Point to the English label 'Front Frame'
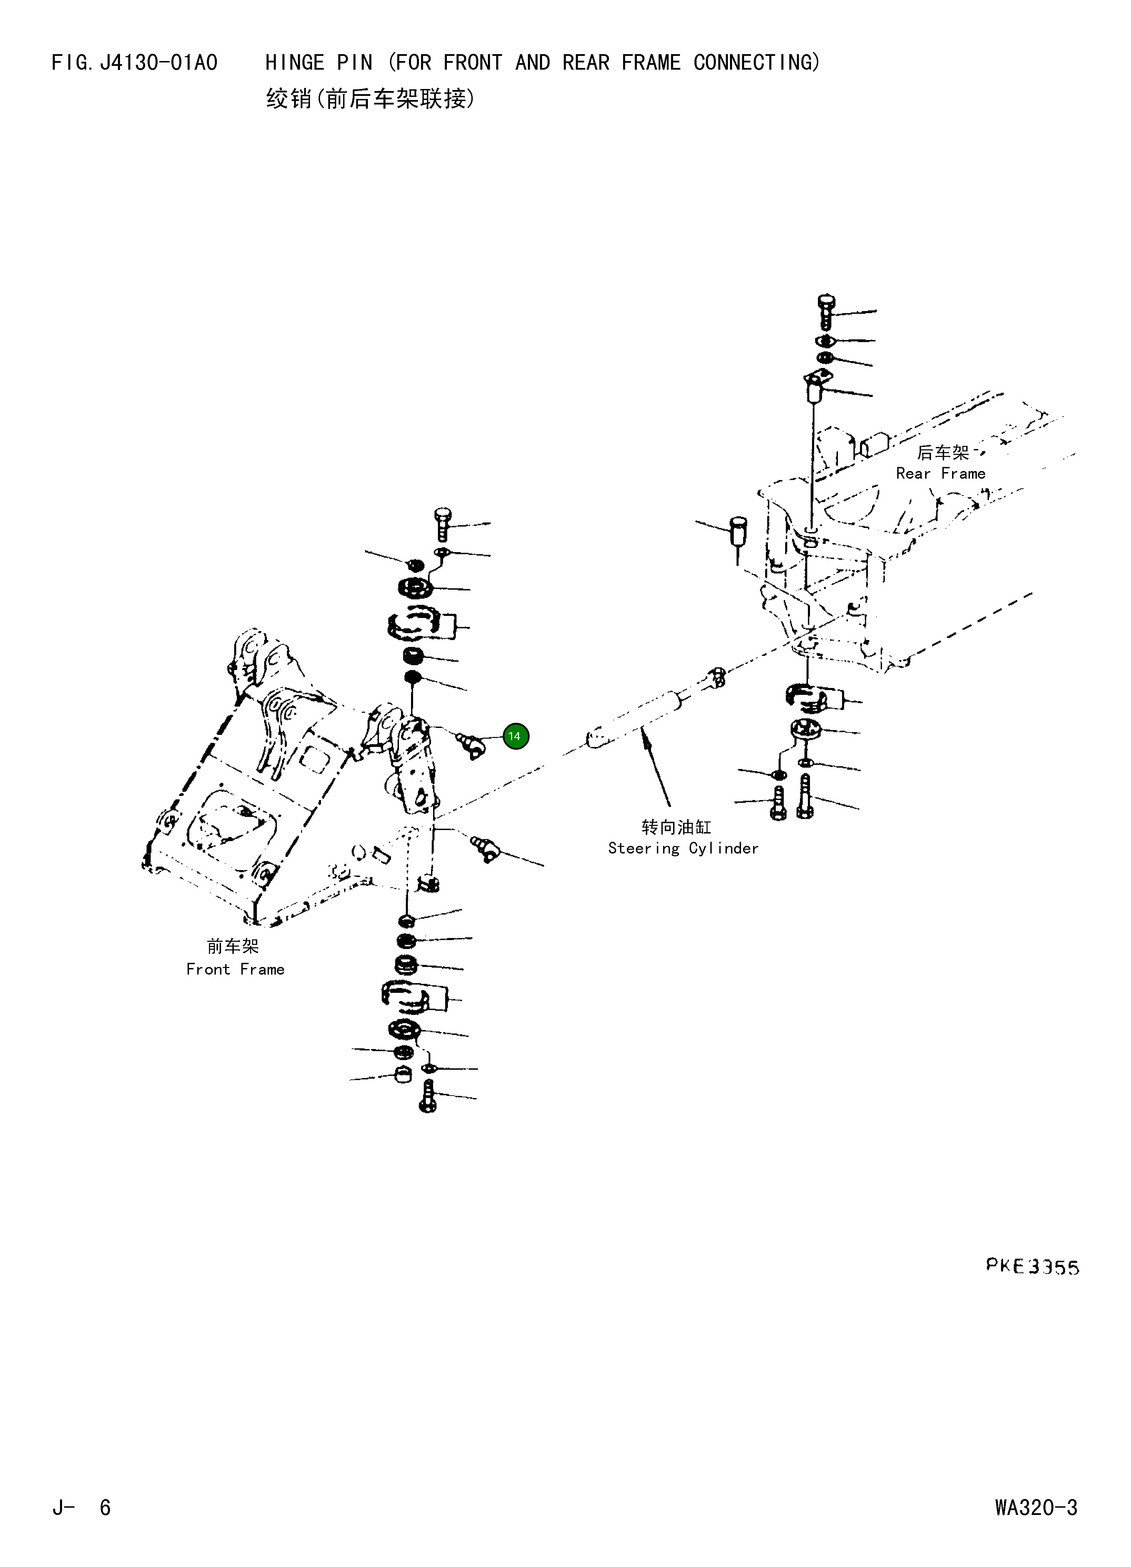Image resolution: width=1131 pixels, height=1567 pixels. pos(235,969)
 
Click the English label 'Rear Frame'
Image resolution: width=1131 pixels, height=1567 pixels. pos(940,473)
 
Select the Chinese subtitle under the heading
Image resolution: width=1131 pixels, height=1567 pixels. pos(370,100)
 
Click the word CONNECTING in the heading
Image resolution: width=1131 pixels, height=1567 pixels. pos(757,63)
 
